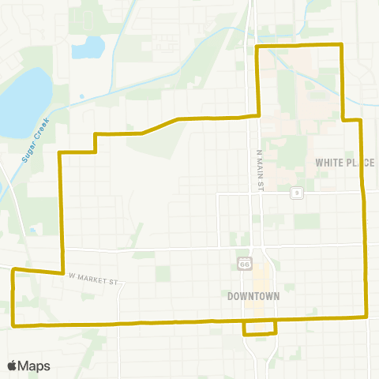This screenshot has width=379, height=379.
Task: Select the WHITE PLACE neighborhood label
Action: pyautogui.click(x=344, y=162)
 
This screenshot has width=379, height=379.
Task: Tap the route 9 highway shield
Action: pyautogui.click(x=296, y=193)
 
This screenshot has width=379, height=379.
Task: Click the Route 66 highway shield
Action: pyautogui.click(x=245, y=261)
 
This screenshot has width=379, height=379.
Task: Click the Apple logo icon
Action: pyautogui.click(x=12, y=366)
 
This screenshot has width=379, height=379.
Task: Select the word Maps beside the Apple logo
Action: pyautogui.click(x=35, y=366)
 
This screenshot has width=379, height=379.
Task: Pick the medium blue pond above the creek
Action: pyautogui.click(x=88, y=48)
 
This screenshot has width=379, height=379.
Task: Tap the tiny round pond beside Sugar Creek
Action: pyautogui.click(x=81, y=97)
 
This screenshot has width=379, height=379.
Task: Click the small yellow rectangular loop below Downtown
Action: pyautogui.click(x=260, y=328)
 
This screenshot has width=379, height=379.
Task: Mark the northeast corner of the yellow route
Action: pyautogui.click(x=340, y=46)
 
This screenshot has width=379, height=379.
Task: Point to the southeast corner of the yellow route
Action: pyautogui.click(x=367, y=317)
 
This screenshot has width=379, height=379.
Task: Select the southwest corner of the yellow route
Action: pyautogui.click(x=14, y=325)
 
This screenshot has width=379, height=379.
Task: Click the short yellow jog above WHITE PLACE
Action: pyautogui.click(x=351, y=120)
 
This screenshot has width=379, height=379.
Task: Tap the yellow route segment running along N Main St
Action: pyautogui.click(x=259, y=79)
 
